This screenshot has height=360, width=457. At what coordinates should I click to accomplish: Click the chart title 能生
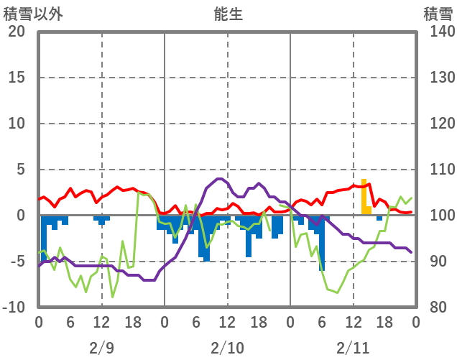tap(228, 14)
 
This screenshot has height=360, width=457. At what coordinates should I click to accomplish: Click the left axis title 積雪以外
tap(29, 14)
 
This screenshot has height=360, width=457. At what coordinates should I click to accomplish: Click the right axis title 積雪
tap(438, 14)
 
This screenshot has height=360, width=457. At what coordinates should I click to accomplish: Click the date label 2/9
tap(101, 349)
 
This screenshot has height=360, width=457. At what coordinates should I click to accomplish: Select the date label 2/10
tap(227, 349)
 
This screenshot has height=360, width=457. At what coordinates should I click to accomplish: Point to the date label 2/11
tap(353, 349)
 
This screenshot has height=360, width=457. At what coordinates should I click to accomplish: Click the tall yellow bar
tap(364, 196)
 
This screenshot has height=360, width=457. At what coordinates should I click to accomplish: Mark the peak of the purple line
tap(218, 179)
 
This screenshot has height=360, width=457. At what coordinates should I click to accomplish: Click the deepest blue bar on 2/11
tap(322, 244)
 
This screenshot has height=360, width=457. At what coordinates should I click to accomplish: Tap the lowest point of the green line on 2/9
tap(112, 297)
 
